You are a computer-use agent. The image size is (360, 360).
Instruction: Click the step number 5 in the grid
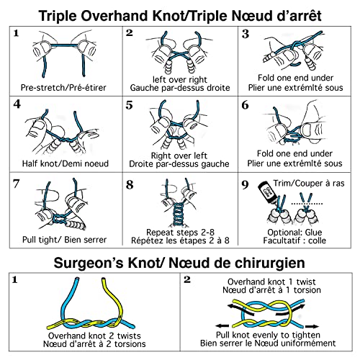[129, 105]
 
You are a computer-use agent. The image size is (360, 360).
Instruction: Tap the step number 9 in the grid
[245, 184]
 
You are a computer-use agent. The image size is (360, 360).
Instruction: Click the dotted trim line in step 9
[307, 204]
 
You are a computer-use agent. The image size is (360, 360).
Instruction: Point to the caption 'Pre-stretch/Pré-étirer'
[63, 88]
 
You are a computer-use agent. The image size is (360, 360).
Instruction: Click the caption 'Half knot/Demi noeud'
[66, 163]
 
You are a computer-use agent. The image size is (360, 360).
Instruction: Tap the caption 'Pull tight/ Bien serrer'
[64, 240]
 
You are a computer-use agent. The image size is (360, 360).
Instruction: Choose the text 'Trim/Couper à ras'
[309, 184]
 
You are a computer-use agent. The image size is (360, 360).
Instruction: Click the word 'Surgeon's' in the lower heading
[88, 263]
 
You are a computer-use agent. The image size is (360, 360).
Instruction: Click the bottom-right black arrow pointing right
[312, 326]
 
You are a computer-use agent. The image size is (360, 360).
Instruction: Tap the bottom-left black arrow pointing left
[222, 326]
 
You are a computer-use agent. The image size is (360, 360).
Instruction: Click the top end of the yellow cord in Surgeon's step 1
[104, 279]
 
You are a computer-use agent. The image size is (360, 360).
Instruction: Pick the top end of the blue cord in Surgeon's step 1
[77, 279]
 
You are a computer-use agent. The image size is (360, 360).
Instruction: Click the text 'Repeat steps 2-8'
[180, 233]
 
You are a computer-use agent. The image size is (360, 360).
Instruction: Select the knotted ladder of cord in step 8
[178, 215]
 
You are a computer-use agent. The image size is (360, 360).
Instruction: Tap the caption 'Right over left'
[179, 156]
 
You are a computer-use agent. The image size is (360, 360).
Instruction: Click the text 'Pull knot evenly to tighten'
[268, 335]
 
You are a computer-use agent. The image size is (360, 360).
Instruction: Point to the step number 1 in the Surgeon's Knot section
[15, 280]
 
